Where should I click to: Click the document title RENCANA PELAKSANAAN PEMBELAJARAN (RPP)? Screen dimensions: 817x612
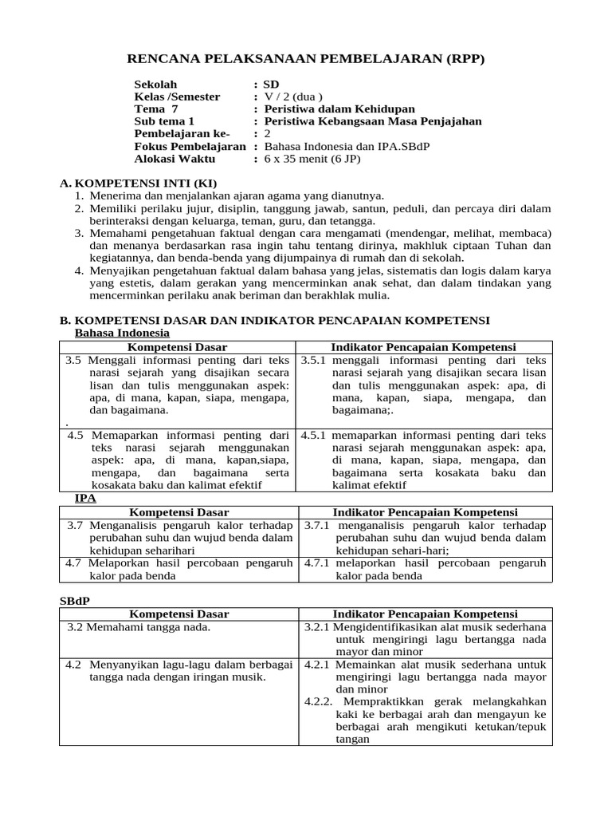(306, 59)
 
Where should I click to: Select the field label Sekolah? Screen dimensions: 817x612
(155, 85)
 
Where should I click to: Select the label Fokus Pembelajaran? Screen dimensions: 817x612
(190, 147)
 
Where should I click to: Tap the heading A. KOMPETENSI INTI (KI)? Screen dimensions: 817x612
(138, 183)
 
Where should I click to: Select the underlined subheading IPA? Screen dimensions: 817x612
(85, 498)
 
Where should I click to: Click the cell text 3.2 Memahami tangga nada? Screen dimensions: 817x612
(139, 627)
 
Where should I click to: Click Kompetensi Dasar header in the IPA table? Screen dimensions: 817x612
(178, 512)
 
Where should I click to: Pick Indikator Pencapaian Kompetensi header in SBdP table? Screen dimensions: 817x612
(425, 614)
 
